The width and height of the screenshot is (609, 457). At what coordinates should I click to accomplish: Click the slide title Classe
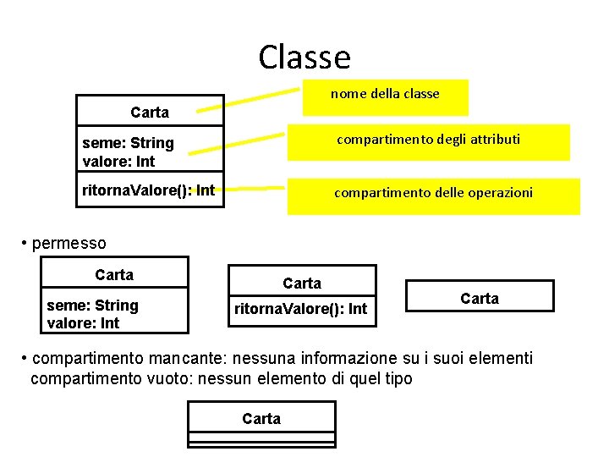[304, 57]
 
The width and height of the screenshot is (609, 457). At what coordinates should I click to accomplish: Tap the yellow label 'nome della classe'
[385, 94]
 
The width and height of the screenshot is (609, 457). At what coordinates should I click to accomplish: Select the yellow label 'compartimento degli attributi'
[428, 139]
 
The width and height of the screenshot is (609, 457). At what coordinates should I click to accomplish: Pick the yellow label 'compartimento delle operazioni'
[433, 193]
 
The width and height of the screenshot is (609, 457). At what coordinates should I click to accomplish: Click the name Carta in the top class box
[150, 112]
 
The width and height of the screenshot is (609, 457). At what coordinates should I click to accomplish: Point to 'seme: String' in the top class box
[128, 143]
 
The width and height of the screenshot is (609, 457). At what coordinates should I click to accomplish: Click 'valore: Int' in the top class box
[119, 161]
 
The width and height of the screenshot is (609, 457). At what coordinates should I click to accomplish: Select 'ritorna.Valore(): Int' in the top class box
[148, 190]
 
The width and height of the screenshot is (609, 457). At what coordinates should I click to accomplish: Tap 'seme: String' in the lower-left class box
[92, 306]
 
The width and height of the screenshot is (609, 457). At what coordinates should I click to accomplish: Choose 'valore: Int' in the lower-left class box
[83, 323]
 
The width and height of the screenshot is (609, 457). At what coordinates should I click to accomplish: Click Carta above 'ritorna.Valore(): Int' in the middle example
[302, 283]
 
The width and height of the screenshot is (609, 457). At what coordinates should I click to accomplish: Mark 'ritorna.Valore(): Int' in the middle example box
[300, 309]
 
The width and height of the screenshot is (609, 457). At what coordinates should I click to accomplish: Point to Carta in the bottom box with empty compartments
[261, 418]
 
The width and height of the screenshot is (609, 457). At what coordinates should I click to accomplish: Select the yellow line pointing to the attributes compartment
[237, 143]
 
